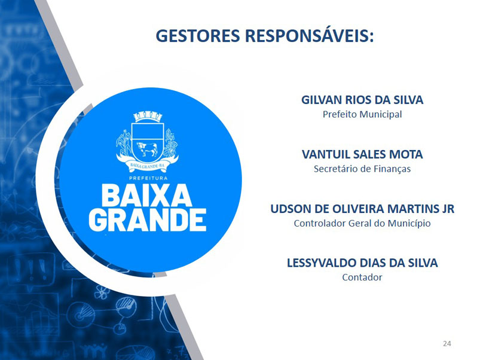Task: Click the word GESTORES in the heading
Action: [198, 35]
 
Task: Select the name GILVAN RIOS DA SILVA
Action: [362, 100]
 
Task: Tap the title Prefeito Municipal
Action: [362, 114]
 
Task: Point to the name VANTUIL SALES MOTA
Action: [362, 154]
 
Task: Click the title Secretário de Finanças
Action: [362, 169]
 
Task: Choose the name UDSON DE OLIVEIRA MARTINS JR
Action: [362, 209]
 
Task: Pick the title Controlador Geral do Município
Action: [362, 223]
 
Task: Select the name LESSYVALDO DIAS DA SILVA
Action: [362, 263]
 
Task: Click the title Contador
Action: [362, 277]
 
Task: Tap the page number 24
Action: [447, 343]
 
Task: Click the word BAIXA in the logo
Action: [146, 196]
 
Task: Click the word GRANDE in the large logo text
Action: [148, 220]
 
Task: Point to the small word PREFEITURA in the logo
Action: [148, 178]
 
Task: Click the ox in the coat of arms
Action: [147, 149]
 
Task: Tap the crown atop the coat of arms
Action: [148, 117]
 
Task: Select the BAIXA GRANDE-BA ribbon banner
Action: [147, 164]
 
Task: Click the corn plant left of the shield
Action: [124, 144]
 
